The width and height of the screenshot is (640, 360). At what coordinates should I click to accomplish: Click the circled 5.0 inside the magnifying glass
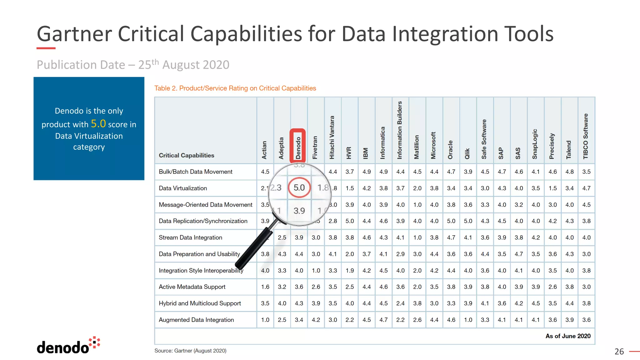coord(299,187)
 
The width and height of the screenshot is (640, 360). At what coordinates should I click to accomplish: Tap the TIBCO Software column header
coord(586,136)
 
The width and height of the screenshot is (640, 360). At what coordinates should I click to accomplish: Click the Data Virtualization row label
coord(183,188)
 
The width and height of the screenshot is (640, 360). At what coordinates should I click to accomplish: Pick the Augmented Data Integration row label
coord(196,320)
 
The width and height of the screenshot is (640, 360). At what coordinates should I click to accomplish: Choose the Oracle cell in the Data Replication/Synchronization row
coord(451,221)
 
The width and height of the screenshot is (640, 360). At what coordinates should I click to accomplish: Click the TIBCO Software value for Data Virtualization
coord(586,188)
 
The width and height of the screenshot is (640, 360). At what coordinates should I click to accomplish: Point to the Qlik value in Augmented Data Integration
coord(468,320)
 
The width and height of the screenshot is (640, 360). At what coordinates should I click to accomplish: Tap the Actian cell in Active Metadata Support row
coord(265,287)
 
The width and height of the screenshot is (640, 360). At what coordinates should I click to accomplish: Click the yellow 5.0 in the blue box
coord(98,124)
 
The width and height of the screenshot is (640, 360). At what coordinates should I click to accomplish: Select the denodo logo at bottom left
coord(68,346)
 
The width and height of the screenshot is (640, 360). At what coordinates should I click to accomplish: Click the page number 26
coord(619,352)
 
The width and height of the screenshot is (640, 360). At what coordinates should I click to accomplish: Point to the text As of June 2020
coord(568,336)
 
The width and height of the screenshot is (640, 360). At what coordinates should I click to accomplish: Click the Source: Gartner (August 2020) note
coord(190,351)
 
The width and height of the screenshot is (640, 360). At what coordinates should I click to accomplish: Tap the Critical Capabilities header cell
coord(186,155)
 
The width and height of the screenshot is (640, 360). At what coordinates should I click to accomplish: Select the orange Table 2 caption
coord(235,88)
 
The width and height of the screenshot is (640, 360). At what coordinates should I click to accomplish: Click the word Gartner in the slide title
coord(74,34)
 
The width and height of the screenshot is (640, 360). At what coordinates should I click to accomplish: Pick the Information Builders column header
coord(400,130)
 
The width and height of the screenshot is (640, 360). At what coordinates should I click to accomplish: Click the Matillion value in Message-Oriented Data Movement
coord(417,205)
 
